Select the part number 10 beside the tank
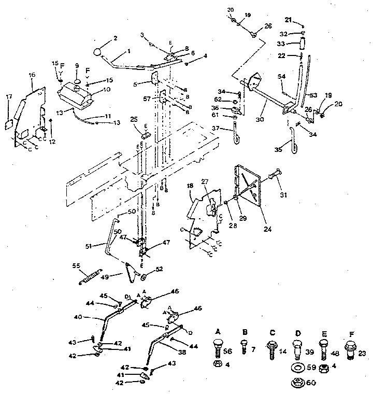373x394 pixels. [x=106, y=90]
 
